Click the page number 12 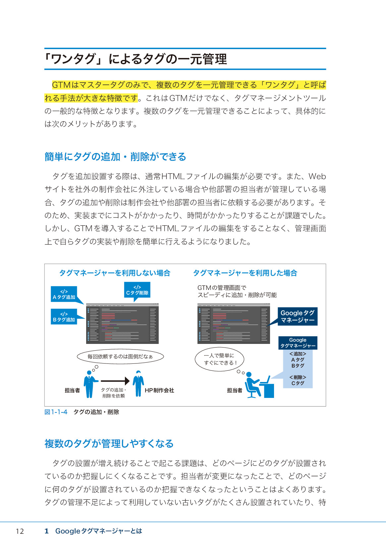20,531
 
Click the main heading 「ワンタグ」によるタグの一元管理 136,59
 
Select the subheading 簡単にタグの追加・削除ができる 115,156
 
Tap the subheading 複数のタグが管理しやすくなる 109,443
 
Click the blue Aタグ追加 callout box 64,294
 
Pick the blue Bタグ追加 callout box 64,317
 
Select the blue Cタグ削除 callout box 137,290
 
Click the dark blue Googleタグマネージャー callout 297,316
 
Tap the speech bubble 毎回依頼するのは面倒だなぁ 120,356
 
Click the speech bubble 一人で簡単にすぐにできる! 219,359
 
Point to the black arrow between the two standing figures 115,381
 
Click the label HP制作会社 159,390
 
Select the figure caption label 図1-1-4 56,412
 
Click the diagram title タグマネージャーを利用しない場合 115,273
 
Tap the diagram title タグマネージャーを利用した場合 245,273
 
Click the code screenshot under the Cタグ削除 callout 122,323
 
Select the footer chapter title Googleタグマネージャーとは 98,531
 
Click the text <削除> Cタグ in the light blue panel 298,380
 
